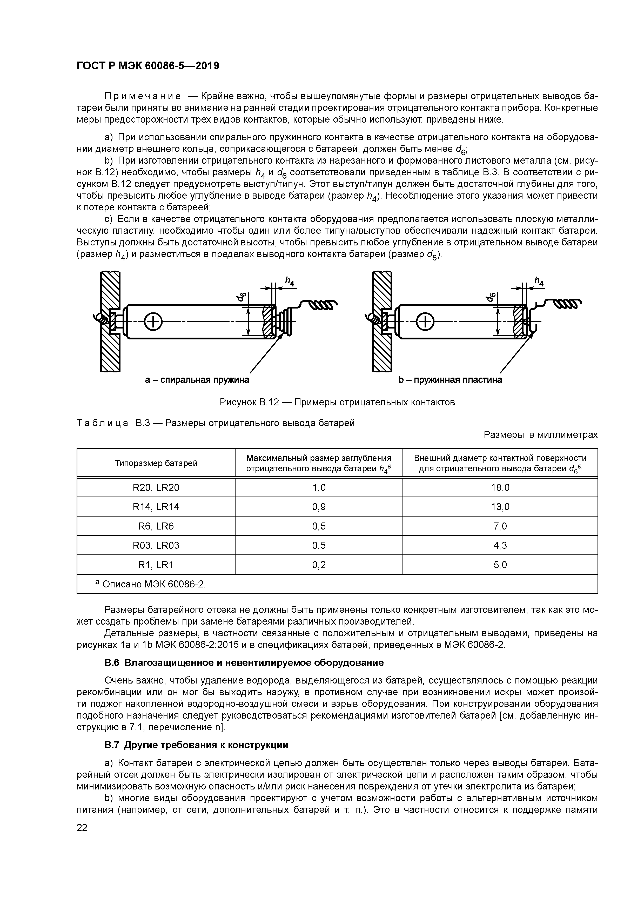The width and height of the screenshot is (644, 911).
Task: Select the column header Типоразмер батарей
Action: [x=156, y=463]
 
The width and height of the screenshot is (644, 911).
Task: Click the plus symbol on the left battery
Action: [x=153, y=321]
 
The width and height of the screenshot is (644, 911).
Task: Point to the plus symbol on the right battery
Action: [x=425, y=321]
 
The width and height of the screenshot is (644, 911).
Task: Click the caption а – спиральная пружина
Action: [x=197, y=380]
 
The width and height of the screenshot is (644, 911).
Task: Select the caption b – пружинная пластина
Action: [x=450, y=380]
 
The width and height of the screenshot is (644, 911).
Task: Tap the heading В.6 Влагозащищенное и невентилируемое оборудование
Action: [x=244, y=663]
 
